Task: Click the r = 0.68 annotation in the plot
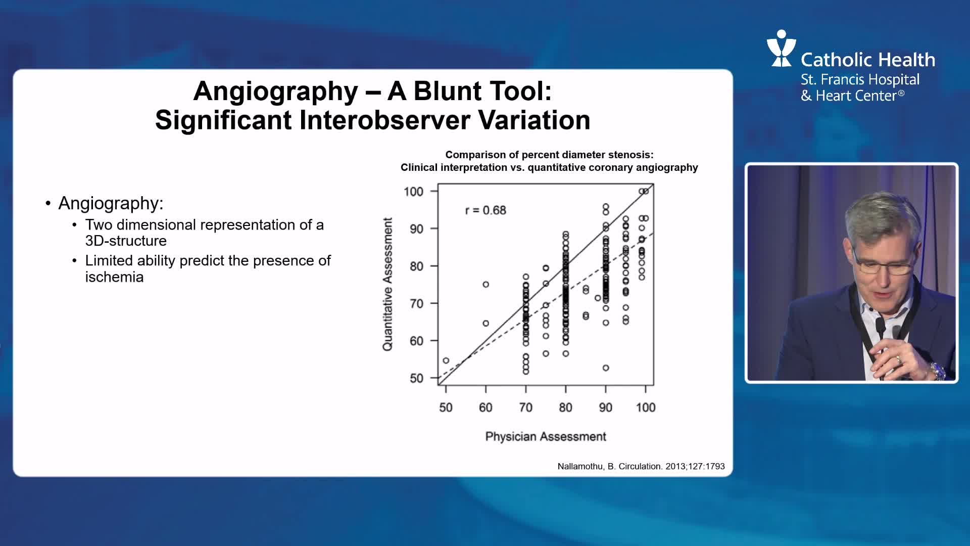pos(486,210)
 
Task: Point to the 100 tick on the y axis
pos(413,192)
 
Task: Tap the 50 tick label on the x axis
pos(446,407)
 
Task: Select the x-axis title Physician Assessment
pos(546,437)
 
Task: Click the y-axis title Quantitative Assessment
pos(387,284)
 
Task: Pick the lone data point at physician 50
pos(446,360)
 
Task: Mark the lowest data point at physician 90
pos(606,368)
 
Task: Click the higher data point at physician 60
pos(486,285)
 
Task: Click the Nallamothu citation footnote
pos(641,466)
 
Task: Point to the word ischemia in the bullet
pos(115,277)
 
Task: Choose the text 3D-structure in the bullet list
pos(126,241)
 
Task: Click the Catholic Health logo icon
pos(781,48)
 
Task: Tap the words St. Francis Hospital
pos(860,80)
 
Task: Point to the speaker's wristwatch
pos(938,371)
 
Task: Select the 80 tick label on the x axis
pos(565,407)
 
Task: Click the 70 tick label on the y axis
pos(416,304)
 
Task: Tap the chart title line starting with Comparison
pos(549,155)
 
